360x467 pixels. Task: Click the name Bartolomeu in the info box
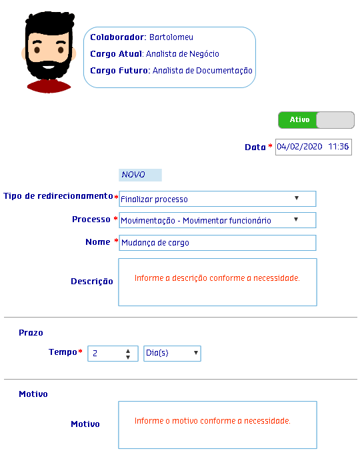(171, 37)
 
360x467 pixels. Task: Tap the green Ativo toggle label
(299, 119)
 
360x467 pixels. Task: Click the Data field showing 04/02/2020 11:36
(313, 147)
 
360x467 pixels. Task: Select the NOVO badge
(140, 175)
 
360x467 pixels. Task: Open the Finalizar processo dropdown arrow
(296, 198)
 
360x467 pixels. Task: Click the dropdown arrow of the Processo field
(296, 219)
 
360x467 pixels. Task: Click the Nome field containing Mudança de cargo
(217, 243)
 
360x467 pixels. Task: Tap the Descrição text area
(217, 282)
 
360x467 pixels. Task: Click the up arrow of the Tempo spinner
(128, 351)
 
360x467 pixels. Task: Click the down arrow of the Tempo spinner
(128, 357)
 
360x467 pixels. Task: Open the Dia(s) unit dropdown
(172, 354)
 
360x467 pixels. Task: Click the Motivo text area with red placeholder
(217, 425)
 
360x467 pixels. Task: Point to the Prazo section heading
(31, 333)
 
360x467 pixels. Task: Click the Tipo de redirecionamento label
(58, 196)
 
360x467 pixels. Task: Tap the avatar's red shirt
(49, 86)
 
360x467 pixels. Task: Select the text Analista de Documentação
(202, 71)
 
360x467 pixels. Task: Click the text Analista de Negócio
(183, 54)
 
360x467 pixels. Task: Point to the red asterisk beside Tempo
(80, 352)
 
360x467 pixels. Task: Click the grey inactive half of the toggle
(335, 120)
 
